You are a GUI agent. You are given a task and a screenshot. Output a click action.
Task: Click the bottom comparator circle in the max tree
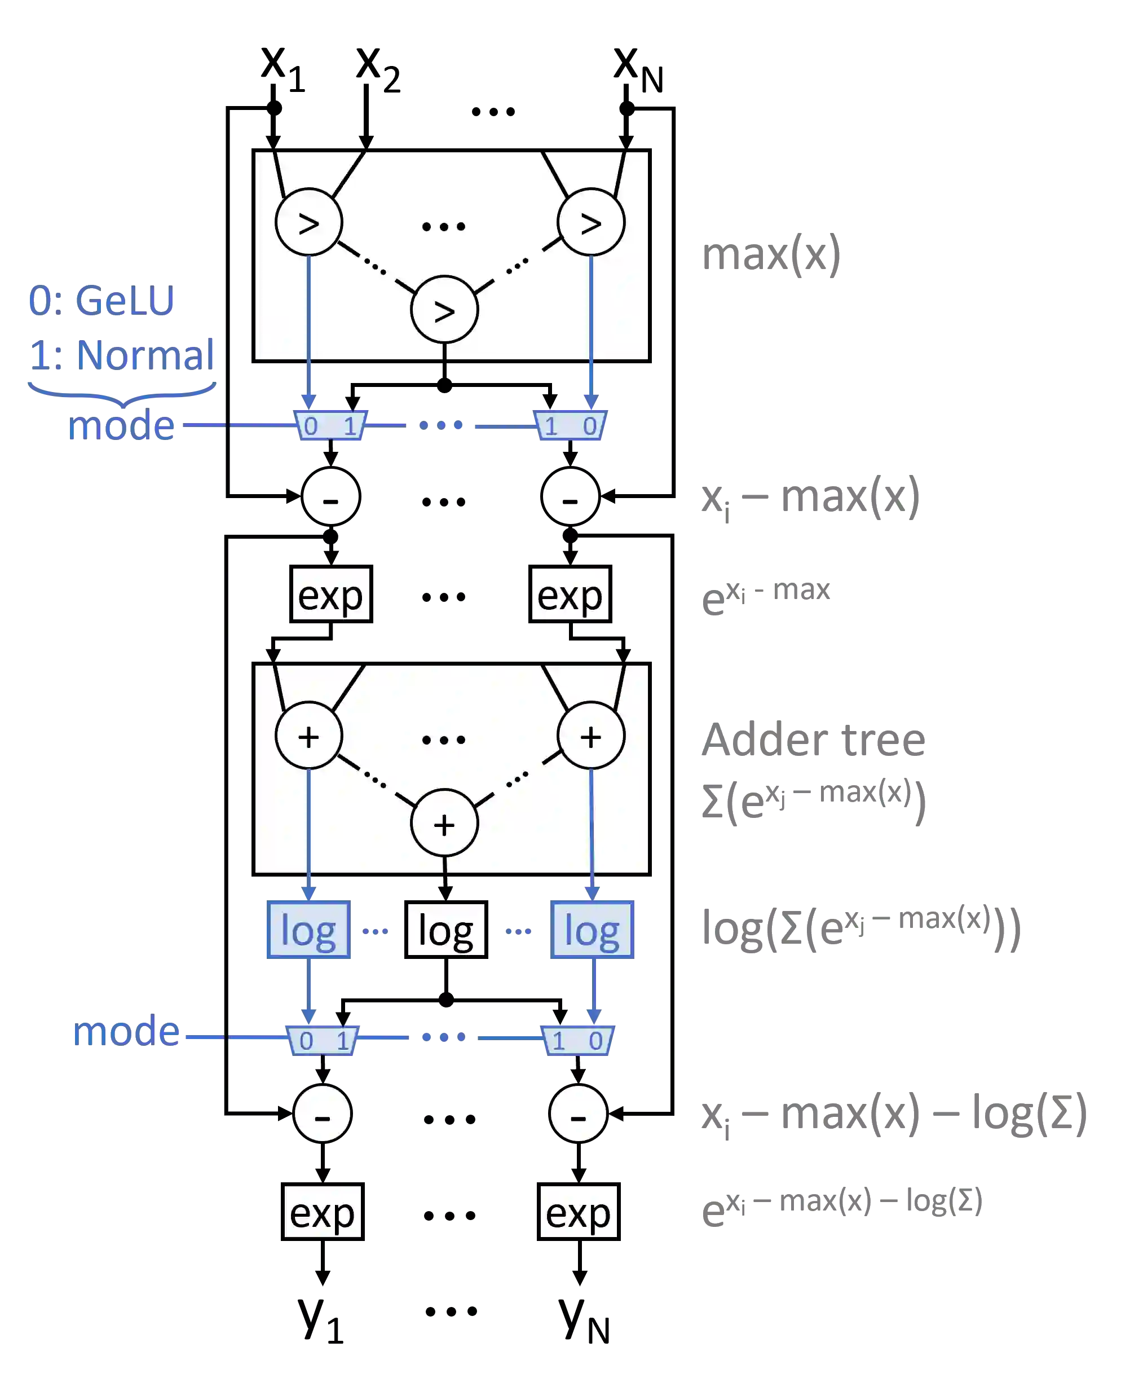[x=444, y=310]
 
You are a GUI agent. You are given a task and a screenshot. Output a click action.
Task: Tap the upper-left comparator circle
[x=308, y=222]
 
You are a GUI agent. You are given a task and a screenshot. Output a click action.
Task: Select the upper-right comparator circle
[x=591, y=222]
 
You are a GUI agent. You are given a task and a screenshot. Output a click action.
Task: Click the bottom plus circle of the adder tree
[x=444, y=824]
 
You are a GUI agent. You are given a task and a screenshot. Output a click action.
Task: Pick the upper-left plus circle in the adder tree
[x=308, y=736]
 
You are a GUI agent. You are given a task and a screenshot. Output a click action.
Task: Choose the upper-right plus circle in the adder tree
[x=591, y=736]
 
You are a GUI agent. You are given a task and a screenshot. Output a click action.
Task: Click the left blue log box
[x=308, y=930]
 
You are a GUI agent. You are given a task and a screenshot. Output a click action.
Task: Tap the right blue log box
[x=593, y=930]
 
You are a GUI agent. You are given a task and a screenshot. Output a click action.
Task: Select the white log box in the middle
[x=445, y=930]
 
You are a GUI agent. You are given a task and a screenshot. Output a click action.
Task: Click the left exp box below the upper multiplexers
[x=330, y=594]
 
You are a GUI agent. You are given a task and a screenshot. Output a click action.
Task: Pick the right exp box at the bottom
[x=578, y=1212]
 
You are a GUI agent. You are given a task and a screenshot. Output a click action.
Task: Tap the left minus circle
[x=322, y=1114]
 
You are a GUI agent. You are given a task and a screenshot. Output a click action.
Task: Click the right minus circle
[x=578, y=1114]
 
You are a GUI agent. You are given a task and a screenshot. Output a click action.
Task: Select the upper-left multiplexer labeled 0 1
[x=330, y=425]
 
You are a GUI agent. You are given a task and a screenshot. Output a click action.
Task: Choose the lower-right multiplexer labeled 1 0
[x=577, y=1040]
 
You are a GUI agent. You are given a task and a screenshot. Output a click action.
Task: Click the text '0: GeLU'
[x=101, y=300]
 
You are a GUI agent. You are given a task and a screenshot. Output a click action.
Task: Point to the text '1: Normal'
[x=123, y=355]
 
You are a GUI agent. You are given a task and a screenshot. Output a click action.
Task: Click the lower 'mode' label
[x=126, y=1031]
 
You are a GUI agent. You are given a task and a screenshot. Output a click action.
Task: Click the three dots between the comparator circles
[x=443, y=226]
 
